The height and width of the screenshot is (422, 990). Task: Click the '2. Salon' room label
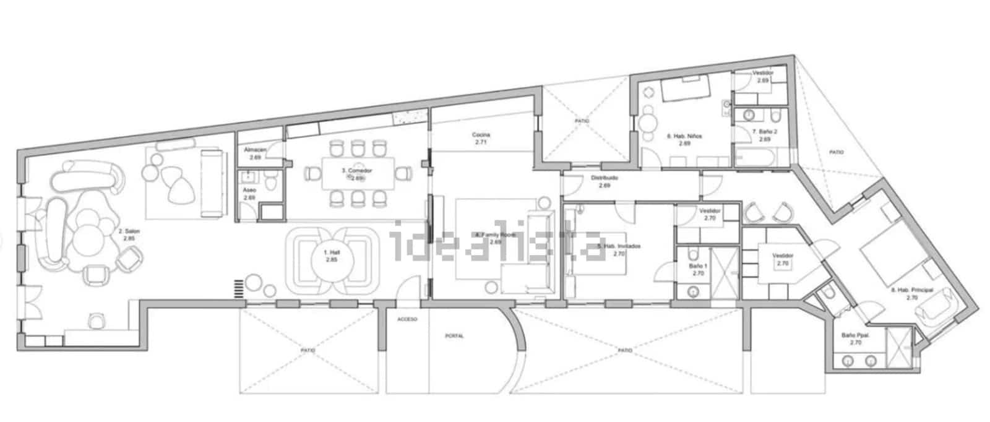tap(129, 231)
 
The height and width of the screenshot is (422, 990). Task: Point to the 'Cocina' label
tap(481, 135)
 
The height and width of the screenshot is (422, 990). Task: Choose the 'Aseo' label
tap(249, 190)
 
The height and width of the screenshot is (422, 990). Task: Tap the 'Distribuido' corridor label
tap(605, 178)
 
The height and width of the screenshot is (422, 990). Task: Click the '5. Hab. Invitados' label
tap(619, 246)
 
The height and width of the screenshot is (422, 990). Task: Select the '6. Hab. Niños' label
tap(684, 136)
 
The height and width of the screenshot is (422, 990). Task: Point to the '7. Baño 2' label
tap(765, 132)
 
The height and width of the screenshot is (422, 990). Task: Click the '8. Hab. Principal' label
tap(912, 290)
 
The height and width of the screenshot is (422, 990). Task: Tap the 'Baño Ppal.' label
tap(856, 335)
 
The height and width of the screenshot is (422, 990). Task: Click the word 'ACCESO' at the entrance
tap(407, 319)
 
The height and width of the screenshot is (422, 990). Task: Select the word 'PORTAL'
tap(454, 336)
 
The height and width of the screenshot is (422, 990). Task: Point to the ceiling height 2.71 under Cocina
tap(481, 142)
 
